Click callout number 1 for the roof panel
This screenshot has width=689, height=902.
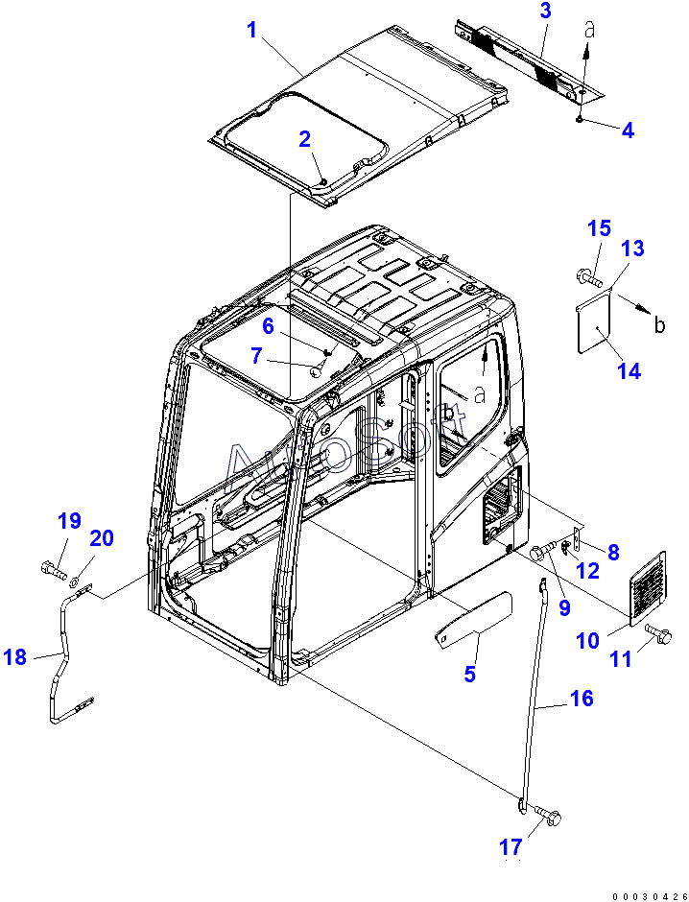[251, 30]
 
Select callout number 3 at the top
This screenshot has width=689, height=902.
[545, 12]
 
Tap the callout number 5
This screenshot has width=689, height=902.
[469, 675]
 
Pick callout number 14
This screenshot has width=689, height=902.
[629, 371]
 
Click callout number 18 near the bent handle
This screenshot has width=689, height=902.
[15, 657]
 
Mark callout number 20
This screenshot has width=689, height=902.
[102, 538]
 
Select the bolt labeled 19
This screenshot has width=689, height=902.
[50, 567]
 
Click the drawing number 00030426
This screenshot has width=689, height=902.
[647, 893]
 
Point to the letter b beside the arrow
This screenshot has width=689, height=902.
[659, 325]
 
